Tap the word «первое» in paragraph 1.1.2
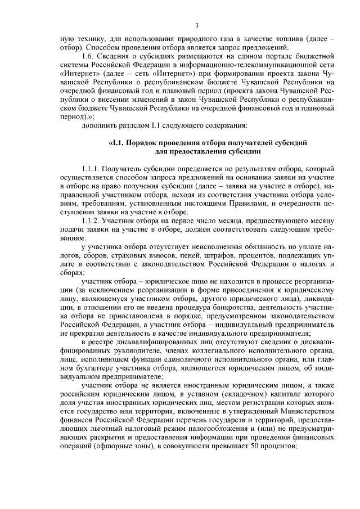(180, 222)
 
